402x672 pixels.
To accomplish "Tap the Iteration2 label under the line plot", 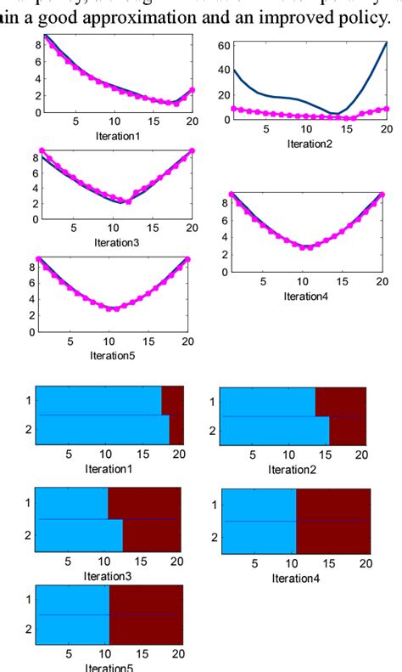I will [310, 143].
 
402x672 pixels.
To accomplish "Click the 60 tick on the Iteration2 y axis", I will [224, 44].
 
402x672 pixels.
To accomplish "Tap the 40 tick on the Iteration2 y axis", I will [224, 71].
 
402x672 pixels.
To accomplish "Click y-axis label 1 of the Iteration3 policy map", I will [28, 503].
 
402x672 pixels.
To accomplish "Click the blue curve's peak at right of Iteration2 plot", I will [386, 43].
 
